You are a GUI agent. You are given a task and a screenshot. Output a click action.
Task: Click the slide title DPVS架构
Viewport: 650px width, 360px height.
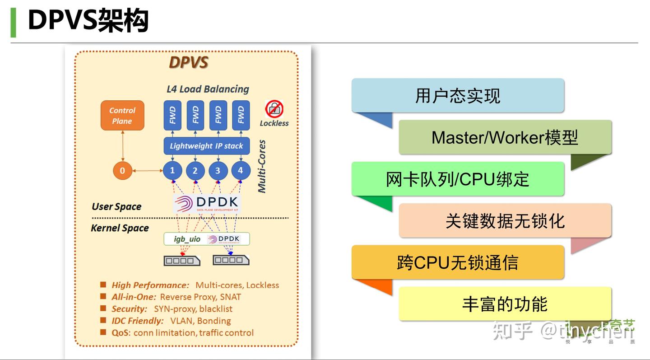(88, 21)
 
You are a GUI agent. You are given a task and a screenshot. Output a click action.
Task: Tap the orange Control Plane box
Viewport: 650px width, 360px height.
(122, 116)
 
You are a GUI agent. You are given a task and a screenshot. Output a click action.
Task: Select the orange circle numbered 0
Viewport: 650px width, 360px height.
(122, 171)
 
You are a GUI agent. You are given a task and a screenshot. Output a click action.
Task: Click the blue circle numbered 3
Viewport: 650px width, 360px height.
(218, 171)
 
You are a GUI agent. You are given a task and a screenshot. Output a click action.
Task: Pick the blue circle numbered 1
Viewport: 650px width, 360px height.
(172, 171)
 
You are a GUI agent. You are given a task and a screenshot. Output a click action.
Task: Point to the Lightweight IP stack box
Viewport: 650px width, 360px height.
(206, 146)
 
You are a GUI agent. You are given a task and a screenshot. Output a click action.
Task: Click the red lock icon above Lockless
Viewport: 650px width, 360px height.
(274, 109)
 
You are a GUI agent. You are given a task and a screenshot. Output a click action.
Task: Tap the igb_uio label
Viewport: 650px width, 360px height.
(187, 239)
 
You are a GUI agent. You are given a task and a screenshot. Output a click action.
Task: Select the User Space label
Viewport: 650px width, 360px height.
(116, 207)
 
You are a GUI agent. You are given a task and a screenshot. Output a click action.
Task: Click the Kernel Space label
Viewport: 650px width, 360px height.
(120, 228)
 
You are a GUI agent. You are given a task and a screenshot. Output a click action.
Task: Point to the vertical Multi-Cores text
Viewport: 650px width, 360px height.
(262, 166)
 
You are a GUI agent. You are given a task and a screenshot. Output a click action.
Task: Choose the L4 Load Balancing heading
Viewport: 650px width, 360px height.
(208, 89)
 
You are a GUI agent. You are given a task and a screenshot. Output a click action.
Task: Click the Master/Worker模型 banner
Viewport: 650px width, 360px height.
(505, 137)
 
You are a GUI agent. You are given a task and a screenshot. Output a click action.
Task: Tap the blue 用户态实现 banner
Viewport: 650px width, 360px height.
(458, 96)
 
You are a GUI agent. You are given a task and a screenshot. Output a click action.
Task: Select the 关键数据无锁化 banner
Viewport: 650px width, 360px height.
(505, 221)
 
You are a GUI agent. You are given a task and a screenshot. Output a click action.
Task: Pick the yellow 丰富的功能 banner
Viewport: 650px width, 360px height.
(505, 304)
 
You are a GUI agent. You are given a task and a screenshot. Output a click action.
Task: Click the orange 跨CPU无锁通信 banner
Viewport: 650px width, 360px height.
(458, 262)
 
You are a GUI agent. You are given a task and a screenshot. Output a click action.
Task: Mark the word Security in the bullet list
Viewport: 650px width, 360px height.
(130, 309)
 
